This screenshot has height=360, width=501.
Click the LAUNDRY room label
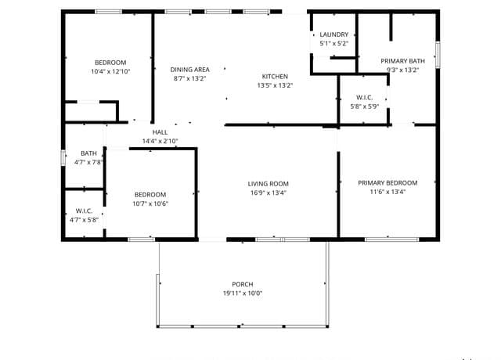click(x=334, y=34)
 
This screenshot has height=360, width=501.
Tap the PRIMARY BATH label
click(x=402, y=61)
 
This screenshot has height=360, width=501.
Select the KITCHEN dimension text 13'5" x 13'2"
click(x=275, y=85)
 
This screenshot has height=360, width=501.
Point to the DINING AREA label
click(x=189, y=70)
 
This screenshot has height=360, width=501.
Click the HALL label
click(x=160, y=132)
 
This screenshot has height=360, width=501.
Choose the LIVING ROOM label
click(x=268, y=184)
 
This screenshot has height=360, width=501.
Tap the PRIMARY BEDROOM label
click(x=387, y=183)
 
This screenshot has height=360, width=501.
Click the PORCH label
click(x=243, y=284)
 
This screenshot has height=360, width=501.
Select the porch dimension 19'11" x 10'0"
click(x=243, y=293)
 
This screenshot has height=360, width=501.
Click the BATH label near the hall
click(x=88, y=153)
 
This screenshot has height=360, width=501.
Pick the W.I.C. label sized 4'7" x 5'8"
click(x=84, y=211)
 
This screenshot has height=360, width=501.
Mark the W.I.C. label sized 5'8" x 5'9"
click(x=364, y=98)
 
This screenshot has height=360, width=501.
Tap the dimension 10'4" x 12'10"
click(x=110, y=71)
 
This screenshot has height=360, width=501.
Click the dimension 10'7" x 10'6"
click(x=150, y=203)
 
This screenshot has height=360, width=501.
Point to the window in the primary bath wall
click(x=438, y=55)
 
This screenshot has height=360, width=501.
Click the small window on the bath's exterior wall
click(x=63, y=158)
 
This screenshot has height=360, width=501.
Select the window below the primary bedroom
click(x=391, y=239)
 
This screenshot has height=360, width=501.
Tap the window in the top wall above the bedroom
click(x=108, y=12)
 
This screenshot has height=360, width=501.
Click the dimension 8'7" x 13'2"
click(x=189, y=78)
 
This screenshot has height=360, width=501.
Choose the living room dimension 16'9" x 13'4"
click(x=268, y=193)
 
